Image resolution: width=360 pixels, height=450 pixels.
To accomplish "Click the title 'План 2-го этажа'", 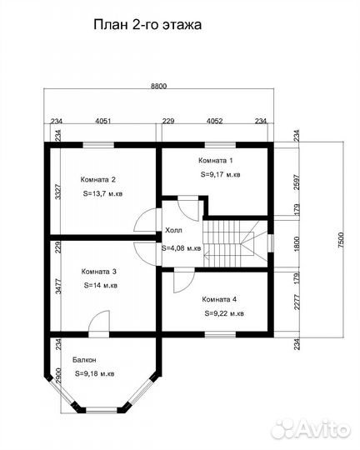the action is [147, 25].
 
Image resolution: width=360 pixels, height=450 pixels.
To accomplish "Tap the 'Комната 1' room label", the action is [216, 161].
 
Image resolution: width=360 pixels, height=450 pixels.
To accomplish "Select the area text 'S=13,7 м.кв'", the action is [102, 193].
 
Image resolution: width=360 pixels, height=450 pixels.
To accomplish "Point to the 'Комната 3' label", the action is [99, 272].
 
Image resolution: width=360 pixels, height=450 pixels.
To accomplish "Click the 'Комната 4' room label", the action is [219, 300].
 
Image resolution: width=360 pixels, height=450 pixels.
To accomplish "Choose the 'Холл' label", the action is [173, 231].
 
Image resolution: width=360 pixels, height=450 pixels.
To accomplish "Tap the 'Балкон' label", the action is [84, 360].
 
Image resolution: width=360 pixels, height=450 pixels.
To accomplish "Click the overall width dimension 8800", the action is [159, 86].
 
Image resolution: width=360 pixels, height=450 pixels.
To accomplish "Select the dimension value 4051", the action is [103, 121].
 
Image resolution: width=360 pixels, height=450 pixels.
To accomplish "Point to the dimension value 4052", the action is [215, 121].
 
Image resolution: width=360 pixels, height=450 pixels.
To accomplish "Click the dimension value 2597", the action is [297, 182].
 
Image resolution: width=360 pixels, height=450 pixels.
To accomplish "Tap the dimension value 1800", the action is [297, 244].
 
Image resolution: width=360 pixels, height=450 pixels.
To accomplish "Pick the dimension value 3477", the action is [58, 286].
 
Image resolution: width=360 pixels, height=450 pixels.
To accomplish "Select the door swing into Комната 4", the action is [184, 282].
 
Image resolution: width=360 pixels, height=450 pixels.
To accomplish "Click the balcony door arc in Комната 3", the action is [99, 321].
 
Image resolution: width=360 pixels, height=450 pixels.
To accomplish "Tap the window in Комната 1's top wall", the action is [220, 145].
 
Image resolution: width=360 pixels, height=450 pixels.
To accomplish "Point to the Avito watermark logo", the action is [312, 430].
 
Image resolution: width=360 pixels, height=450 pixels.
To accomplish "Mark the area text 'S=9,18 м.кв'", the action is [95, 374].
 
